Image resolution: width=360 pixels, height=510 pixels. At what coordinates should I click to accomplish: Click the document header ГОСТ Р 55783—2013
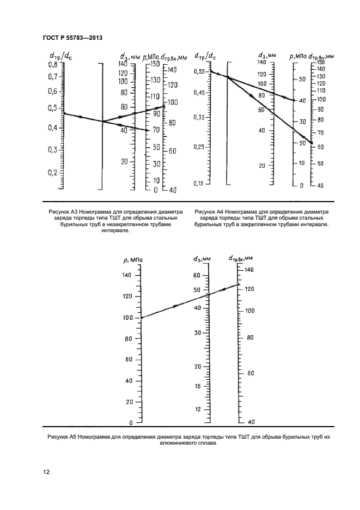(x=72, y=37)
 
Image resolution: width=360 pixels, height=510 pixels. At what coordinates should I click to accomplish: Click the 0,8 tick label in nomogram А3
(x=52, y=64)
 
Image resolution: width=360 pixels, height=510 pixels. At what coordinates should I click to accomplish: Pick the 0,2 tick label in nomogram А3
(x=52, y=172)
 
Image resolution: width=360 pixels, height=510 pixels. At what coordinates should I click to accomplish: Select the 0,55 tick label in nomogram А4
(x=200, y=71)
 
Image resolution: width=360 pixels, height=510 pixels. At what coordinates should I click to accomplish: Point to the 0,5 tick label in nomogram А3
(x=52, y=108)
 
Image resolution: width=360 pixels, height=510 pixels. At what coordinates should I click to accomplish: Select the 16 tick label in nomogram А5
(x=198, y=386)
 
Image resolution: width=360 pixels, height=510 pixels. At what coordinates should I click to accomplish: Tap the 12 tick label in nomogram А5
(x=198, y=409)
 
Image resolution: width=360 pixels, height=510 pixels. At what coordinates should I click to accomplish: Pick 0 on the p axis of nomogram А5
(x=131, y=423)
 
